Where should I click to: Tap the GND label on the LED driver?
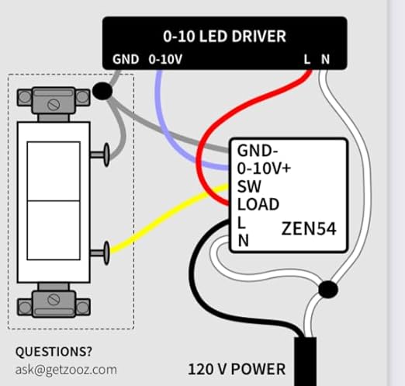(126, 59)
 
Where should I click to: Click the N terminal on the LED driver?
(325, 59)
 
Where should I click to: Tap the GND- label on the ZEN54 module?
(258, 151)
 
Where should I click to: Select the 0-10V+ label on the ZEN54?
(264, 169)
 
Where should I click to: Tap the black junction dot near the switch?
(101, 92)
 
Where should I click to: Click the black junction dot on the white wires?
(327, 290)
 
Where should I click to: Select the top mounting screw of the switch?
(54, 100)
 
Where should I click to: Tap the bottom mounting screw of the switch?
(54, 299)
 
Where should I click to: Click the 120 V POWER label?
(237, 368)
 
